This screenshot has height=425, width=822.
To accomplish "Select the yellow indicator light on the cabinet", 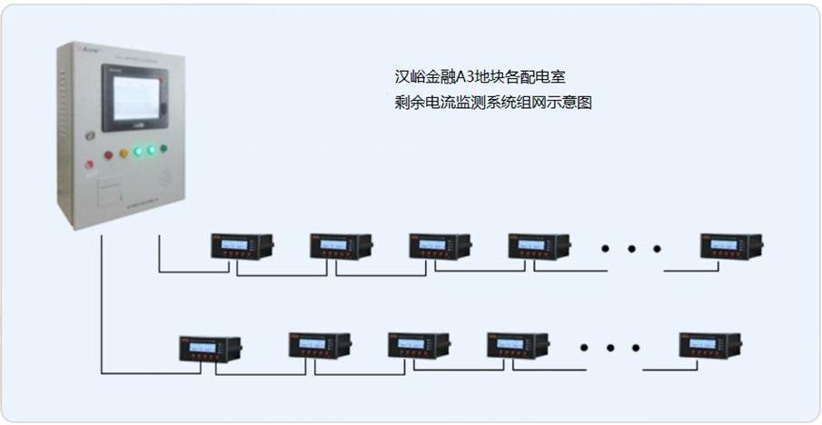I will click(x=124, y=153).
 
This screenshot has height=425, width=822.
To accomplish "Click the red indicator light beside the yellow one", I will click(x=108, y=154).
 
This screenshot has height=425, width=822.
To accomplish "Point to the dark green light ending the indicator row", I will click(x=164, y=148).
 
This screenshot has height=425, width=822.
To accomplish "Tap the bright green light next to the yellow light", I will click(x=138, y=152).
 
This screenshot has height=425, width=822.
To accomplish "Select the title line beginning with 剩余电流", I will click(x=488, y=103).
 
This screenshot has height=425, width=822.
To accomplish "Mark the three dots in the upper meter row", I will click(x=633, y=246).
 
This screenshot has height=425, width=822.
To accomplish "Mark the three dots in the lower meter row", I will click(x=610, y=345).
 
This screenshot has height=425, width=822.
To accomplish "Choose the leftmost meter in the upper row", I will click(x=241, y=246).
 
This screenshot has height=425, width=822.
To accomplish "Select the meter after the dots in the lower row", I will click(x=708, y=346).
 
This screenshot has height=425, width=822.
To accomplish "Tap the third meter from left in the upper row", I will click(x=439, y=246).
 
